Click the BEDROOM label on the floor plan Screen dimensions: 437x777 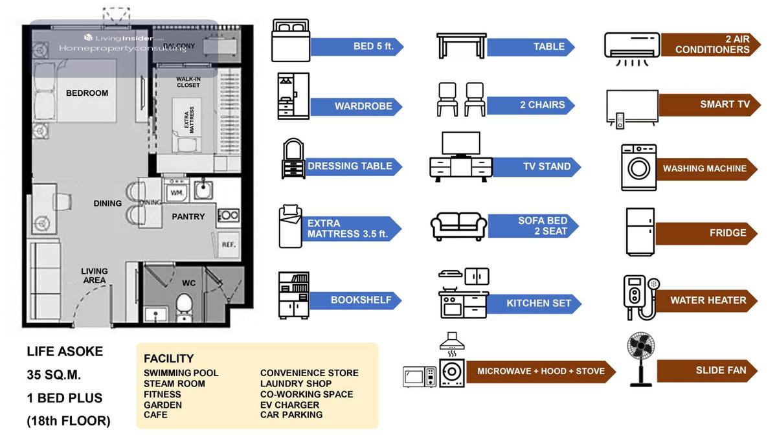[87, 93]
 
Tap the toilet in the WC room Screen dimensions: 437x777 [185, 306]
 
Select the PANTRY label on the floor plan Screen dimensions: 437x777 [188, 217]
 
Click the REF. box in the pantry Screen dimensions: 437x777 [228, 245]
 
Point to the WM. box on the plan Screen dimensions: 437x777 [176, 193]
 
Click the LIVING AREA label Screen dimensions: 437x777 [95, 275]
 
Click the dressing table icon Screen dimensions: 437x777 [293, 159]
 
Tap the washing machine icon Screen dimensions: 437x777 [638, 167]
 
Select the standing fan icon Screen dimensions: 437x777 [641, 360]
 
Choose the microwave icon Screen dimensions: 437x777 [419, 377]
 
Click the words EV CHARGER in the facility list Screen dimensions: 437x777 [289, 405]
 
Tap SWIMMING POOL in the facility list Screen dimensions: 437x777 [181, 373]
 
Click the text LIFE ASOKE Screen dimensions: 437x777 [65, 352]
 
